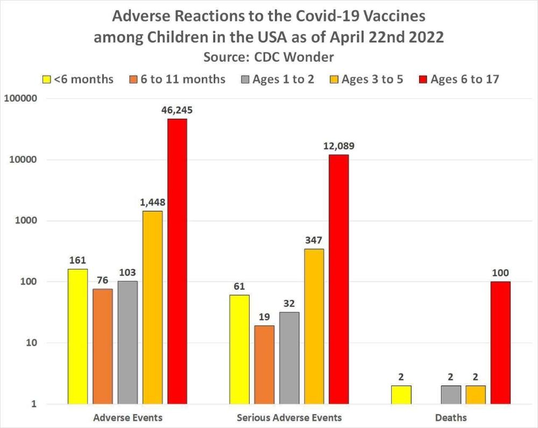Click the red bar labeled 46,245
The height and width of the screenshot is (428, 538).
click(x=178, y=261)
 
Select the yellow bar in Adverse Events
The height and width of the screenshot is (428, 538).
click(x=77, y=336)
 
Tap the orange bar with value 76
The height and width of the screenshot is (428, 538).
click(x=103, y=346)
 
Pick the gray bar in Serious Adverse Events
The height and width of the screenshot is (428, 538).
click(x=289, y=358)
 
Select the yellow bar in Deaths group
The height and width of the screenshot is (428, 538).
click(x=401, y=395)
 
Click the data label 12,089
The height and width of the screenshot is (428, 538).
click(x=339, y=146)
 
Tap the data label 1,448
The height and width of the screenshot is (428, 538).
click(x=153, y=203)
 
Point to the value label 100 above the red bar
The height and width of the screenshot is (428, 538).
click(x=500, y=273)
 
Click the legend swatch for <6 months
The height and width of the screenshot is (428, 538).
click(x=47, y=80)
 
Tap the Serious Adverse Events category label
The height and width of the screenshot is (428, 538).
click(x=289, y=417)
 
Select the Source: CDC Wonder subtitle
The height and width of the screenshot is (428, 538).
click(x=269, y=56)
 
